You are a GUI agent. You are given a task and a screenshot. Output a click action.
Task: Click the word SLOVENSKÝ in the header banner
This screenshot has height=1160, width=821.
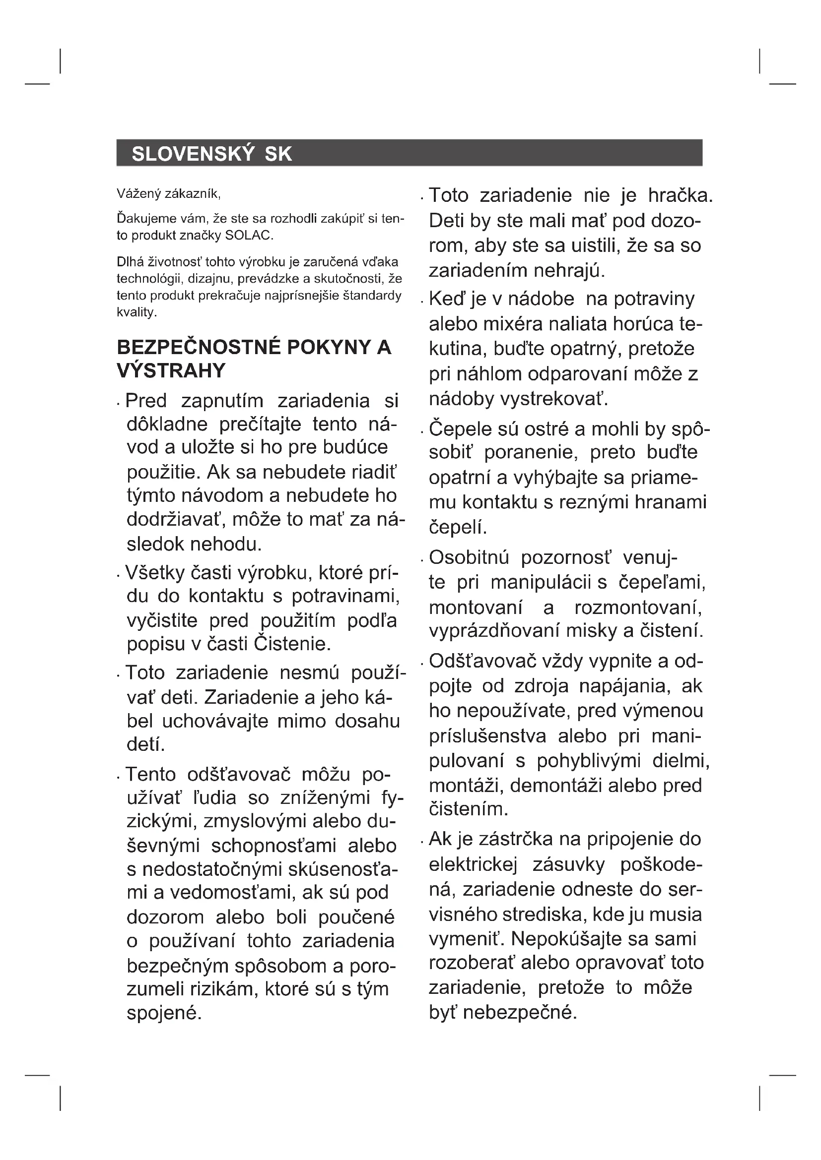tap(192, 154)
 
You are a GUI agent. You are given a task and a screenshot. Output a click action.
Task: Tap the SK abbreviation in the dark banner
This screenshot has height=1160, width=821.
tap(278, 154)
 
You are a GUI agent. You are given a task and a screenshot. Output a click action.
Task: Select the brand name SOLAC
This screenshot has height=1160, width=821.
tap(249, 236)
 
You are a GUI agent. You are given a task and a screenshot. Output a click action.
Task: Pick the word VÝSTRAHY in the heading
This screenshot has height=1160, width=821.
tap(171, 371)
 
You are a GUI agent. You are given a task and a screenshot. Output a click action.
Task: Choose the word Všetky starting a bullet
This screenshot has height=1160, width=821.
tap(154, 572)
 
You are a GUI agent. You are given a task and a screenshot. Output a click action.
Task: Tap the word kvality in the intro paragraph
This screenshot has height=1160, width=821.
tap(136, 312)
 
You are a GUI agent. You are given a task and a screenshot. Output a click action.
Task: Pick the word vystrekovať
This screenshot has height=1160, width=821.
tap(553, 399)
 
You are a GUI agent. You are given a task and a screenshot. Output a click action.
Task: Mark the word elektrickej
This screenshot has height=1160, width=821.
tap(473, 864)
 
